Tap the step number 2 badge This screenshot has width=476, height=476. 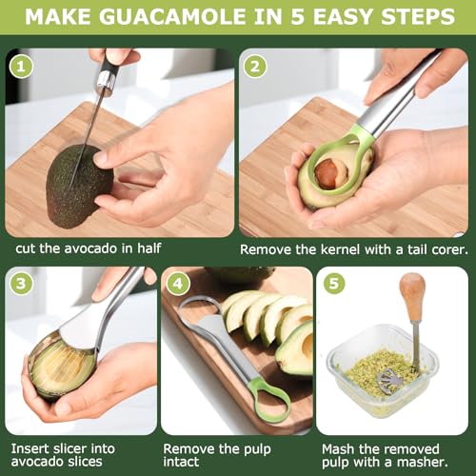[254, 67]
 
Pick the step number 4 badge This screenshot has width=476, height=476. [175, 284]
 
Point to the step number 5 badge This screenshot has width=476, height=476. [334, 284]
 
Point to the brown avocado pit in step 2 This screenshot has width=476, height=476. [327, 174]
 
